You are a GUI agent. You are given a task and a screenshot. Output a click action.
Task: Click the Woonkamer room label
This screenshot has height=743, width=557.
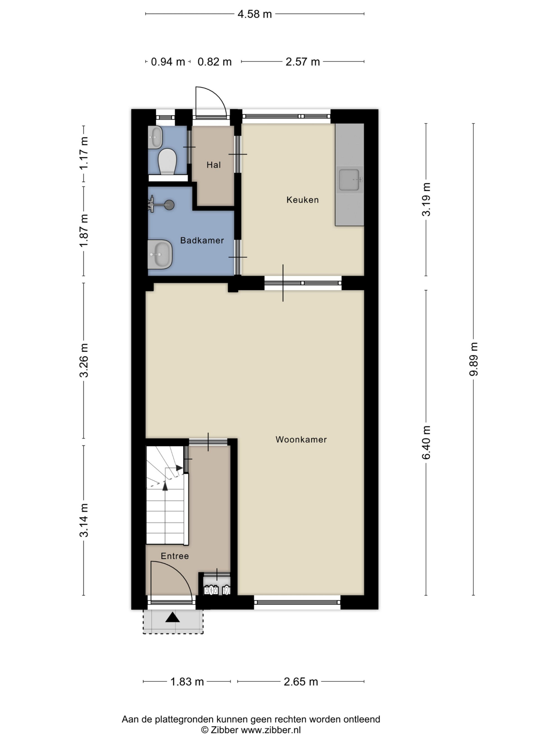point(301,439)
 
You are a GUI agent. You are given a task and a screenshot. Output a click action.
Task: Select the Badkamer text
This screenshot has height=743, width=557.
point(202,240)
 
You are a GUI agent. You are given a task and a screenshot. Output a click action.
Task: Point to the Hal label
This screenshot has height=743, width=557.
point(214,165)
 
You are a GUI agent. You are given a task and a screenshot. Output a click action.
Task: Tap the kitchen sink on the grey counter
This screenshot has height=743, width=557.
point(350,180)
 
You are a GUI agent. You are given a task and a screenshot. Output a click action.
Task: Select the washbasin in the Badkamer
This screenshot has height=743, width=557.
point(160,254)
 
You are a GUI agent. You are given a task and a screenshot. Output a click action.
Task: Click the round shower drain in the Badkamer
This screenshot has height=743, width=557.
point(169,205)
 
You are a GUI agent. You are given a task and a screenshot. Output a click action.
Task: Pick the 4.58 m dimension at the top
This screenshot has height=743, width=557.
point(255,14)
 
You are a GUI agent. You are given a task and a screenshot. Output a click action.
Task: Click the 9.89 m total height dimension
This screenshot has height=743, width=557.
point(473,359)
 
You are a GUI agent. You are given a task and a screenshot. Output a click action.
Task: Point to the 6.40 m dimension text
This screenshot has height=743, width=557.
point(426,442)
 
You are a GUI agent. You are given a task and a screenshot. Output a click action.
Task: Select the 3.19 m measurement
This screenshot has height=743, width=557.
point(426,199)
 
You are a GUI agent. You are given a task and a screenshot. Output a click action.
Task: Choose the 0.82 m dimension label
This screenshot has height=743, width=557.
point(214,62)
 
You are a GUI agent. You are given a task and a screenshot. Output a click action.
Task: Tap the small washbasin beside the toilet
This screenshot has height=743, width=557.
point(155,137)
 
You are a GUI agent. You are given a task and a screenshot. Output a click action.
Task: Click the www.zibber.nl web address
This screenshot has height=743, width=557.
point(271,730)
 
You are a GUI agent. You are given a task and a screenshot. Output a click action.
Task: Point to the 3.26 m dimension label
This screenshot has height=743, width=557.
point(84,360)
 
